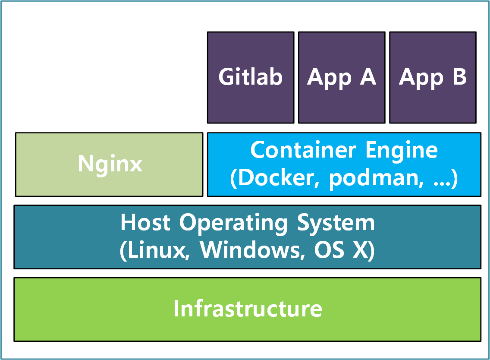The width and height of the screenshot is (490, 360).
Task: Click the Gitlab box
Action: pyautogui.click(x=250, y=77)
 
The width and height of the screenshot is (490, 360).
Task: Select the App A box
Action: pyautogui.click(x=341, y=77)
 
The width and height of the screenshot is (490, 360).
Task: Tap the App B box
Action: pyautogui.click(x=433, y=77)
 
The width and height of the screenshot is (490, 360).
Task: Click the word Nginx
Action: pyautogui.click(x=110, y=164)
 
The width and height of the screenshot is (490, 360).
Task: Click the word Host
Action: pyautogui.click(x=146, y=223)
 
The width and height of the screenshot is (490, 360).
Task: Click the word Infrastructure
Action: pyautogui.click(x=248, y=309)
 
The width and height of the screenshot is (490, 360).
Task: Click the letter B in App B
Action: pyautogui.click(x=459, y=77)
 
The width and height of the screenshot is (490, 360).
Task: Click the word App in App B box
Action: pyautogui.click(x=421, y=78)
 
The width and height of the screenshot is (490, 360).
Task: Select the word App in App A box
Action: pyautogui.click(x=329, y=78)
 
